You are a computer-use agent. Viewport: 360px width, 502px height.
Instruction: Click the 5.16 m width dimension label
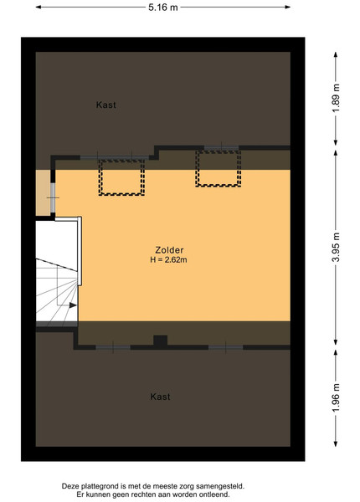162,8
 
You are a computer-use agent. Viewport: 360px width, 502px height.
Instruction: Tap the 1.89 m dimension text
336,98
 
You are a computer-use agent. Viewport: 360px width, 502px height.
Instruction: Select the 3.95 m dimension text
336,248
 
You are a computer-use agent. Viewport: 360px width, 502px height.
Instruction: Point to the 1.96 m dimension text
336,398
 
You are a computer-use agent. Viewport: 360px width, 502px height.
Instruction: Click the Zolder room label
169,250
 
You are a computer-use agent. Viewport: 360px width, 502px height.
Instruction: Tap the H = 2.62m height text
168,259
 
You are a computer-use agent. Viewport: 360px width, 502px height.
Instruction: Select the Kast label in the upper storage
106,105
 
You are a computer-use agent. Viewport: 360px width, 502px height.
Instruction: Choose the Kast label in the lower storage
160,397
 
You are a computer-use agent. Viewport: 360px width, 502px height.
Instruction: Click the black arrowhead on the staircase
73,305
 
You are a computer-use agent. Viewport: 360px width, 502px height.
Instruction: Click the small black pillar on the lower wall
160,341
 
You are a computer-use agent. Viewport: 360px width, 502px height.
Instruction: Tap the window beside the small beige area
53,197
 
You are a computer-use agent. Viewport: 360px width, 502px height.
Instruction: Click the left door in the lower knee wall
113,347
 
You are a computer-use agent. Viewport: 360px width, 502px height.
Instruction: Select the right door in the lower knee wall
226,347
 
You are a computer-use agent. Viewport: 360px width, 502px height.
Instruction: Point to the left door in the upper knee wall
115,157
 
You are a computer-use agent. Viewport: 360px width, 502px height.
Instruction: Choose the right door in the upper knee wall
221,148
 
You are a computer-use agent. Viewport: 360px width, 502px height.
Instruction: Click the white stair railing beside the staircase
80,251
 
